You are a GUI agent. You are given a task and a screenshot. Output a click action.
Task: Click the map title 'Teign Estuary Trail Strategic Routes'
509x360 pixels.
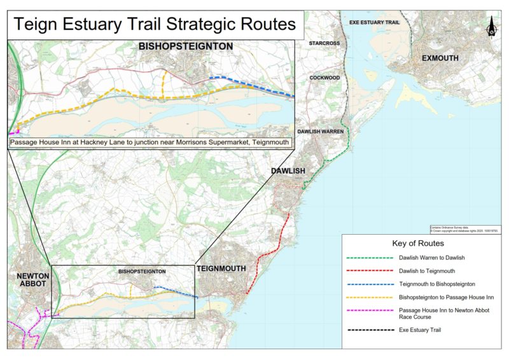(x=155, y=24)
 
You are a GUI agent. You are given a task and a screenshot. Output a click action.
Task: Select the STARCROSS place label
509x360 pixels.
(x=324, y=43)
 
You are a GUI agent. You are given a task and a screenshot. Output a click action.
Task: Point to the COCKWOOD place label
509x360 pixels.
(x=324, y=78)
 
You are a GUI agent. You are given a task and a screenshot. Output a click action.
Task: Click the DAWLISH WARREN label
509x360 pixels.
(x=325, y=131)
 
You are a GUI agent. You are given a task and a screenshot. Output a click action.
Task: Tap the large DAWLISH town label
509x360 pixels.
(x=288, y=172)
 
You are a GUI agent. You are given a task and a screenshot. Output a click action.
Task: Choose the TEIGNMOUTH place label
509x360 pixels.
(x=221, y=269)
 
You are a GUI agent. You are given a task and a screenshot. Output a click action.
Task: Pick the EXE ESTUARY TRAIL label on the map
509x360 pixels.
(x=374, y=22)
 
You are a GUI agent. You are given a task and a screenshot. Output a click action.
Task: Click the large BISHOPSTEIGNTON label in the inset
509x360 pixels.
(x=186, y=46)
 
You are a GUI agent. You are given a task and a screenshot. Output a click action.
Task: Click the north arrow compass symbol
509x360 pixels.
(x=491, y=27)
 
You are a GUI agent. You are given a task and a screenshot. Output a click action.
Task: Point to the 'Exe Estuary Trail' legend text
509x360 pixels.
(x=419, y=330)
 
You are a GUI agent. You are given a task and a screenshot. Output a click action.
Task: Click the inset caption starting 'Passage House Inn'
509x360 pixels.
(x=150, y=142)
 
